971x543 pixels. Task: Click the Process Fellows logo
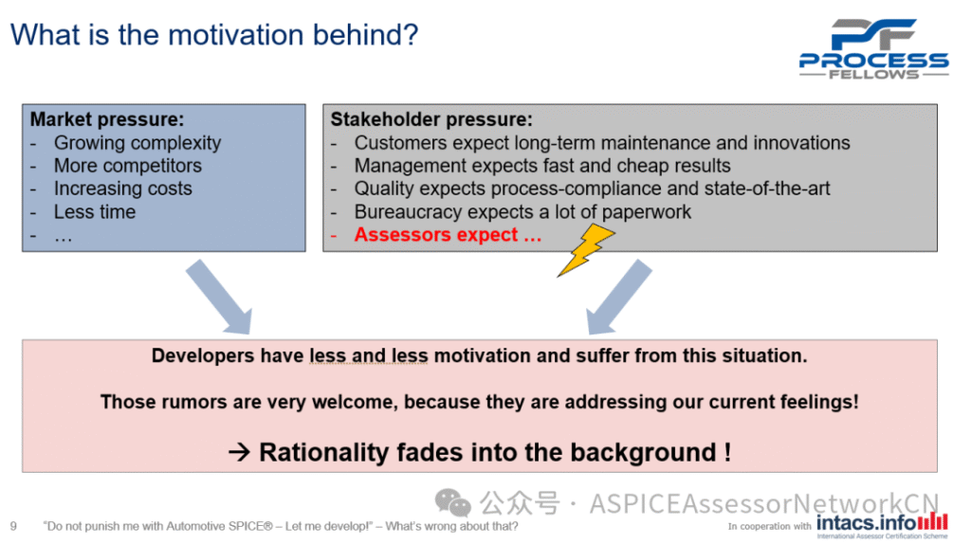[873, 49]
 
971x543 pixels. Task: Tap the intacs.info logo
[882, 524]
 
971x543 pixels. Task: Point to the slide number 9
[13, 526]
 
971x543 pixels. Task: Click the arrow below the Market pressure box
[219, 298]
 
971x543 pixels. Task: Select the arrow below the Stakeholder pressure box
[618, 298]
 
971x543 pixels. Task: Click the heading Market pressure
[107, 118]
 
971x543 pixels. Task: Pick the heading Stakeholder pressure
[431, 118]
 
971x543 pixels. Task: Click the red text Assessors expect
[448, 235]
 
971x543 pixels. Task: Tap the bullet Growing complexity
[137, 143]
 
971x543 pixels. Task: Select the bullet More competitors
[128, 166]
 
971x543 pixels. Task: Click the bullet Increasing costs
[122, 189]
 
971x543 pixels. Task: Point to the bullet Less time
[95, 211]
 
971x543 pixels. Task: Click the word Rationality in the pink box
[324, 452]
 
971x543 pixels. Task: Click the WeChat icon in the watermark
[452, 503]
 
